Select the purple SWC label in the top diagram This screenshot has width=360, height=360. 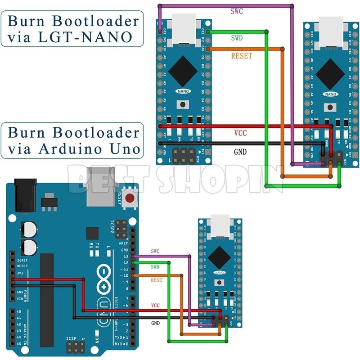point(236,11)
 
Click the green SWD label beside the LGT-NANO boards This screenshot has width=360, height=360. point(236,38)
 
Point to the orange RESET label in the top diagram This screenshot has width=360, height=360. point(242,56)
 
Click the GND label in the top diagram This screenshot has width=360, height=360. point(240,152)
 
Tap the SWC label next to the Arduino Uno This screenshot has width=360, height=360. point(155,251)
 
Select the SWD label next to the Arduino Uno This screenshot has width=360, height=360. point(155,267)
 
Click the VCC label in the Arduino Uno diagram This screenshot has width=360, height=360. point(155,306)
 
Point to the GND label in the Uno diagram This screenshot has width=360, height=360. point(156,323)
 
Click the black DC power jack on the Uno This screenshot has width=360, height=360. point(25,194)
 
